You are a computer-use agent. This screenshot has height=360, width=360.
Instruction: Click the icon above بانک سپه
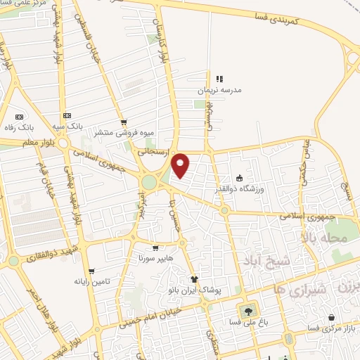click(67, 115)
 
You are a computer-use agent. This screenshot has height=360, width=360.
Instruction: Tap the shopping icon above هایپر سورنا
click(155, 248)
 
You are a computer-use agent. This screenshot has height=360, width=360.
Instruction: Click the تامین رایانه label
click(90, 281)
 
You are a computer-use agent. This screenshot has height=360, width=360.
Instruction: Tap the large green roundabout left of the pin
click(149, 183)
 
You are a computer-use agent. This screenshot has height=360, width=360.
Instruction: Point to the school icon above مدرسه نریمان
click(219, 79)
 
